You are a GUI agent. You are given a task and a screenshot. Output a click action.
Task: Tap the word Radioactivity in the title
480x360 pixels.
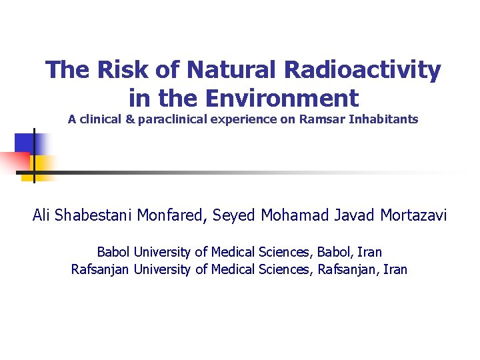363,69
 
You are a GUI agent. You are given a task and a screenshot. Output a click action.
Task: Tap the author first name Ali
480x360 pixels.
43,215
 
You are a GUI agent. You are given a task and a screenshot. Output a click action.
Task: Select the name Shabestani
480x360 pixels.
95,215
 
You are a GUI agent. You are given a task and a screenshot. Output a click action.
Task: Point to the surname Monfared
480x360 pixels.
171,215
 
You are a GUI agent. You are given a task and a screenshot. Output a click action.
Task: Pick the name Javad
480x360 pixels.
351,215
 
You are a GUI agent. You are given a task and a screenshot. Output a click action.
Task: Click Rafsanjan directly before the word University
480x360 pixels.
101,270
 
